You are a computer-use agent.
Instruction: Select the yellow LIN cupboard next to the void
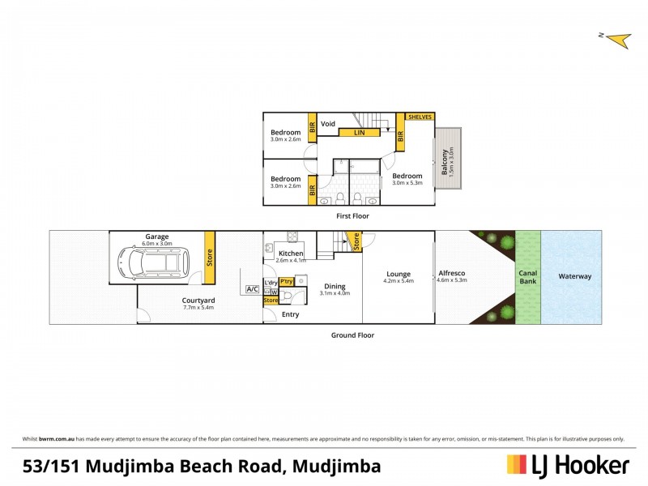360,132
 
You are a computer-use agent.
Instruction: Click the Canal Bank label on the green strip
527,277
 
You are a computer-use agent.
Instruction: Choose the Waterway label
574,276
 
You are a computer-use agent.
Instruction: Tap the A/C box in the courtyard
252,290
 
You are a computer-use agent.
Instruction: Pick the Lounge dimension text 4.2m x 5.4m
398,281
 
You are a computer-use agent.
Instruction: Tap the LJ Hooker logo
568,465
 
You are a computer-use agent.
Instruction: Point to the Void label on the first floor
328,124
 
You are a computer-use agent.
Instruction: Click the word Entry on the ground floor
290,314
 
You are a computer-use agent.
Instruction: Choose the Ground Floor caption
352,335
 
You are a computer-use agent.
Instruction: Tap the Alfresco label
452,273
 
